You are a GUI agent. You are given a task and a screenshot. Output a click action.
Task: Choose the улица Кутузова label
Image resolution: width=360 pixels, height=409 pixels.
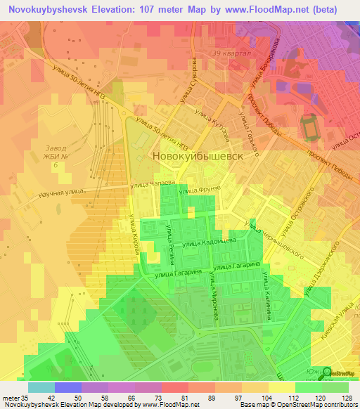click(216, 115)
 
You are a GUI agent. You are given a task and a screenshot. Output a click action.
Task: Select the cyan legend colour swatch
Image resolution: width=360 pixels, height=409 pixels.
click(41, 387)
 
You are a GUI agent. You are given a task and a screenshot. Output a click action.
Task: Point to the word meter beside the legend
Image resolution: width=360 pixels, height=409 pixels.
click(10, 398)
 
